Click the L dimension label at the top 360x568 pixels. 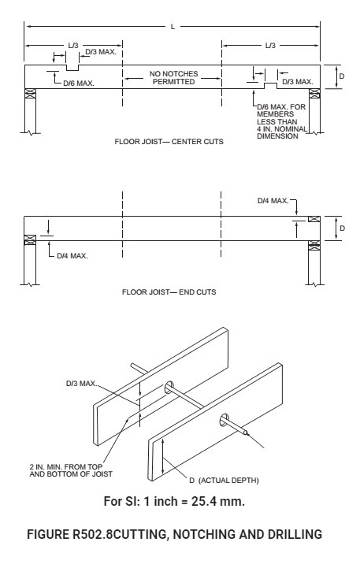click(x=172, y=26)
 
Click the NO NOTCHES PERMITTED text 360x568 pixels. click(x=173, y=78)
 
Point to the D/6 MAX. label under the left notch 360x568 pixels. click(x=79, y=82)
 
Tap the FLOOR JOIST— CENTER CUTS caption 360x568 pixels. click(x=169, y=144)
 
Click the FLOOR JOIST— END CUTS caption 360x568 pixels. click(x=169, y=291)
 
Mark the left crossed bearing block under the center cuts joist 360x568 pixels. click(x=31, y=95)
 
